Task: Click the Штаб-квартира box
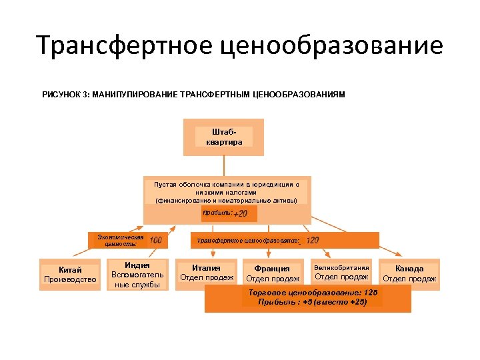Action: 223,137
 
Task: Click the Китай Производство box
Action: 70,274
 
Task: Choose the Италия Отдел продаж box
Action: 207,273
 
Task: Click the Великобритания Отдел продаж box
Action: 341,272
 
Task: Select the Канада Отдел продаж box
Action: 409,273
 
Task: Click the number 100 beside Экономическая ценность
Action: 155,240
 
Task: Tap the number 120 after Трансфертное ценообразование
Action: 312,240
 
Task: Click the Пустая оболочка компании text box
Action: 226,191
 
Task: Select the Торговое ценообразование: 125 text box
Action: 307,297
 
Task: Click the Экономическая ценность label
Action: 120,240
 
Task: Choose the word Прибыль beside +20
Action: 217,213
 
